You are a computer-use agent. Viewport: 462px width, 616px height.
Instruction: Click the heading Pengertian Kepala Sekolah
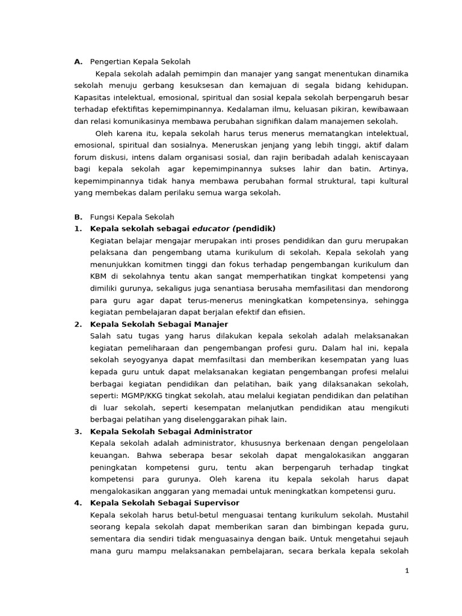click(140, 61)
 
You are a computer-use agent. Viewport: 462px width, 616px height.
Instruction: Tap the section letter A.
click(78, 61)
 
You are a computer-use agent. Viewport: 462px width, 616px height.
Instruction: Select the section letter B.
click(78, 217)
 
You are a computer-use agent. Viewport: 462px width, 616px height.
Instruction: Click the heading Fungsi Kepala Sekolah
click(132, 217)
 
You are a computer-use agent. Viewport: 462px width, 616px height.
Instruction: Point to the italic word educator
click(211, 229)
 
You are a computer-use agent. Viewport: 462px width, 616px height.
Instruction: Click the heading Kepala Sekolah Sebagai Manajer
click(159, 324)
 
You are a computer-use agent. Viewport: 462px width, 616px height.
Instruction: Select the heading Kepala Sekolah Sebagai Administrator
click(171, 431)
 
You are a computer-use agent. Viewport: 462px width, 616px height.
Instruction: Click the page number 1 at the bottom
click(407, 571)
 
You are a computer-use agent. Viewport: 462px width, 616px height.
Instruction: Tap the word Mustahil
click(392, 515)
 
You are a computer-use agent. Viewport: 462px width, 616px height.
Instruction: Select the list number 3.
click(78, 431)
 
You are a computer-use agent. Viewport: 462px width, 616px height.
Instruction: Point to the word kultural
click(393, 181)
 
